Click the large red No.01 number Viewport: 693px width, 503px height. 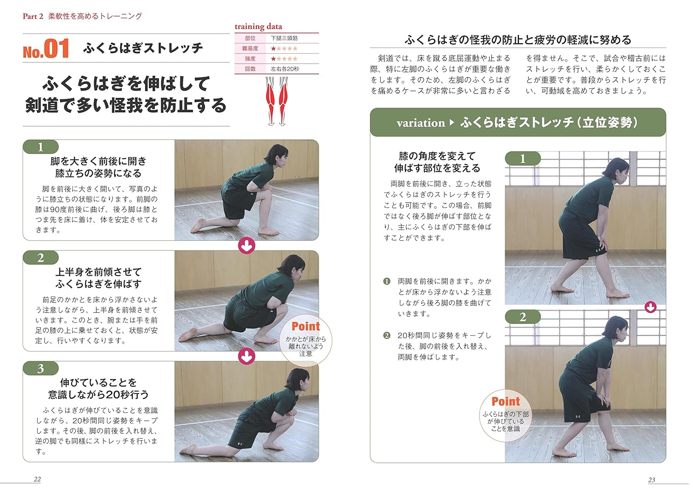pos(46,48)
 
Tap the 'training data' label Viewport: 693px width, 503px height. pos(258,26)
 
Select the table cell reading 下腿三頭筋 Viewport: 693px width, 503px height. pos(284,38)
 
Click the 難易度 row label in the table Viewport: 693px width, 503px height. pos(250,48)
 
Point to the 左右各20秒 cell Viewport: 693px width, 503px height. pos(285,69)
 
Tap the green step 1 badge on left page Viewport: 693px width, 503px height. pos(41,147)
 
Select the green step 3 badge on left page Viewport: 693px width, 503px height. pos(41,368)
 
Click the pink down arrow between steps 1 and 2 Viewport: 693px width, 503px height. pos(247,246)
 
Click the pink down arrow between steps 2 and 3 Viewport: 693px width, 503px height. pos(247,356)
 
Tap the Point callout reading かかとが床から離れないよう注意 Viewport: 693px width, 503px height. pos(305,339)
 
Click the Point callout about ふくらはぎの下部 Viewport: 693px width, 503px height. pos(505,414)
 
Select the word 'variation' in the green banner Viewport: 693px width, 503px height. pos(420,123)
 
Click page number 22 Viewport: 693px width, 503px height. pos(37,479)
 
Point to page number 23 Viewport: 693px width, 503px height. pos(651,479)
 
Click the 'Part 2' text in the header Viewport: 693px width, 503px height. pos(33,16)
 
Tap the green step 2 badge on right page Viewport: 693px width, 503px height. pos(523,317)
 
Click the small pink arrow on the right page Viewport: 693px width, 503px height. pos(650,307)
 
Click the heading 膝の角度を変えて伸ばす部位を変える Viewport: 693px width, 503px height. pos(437,162)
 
